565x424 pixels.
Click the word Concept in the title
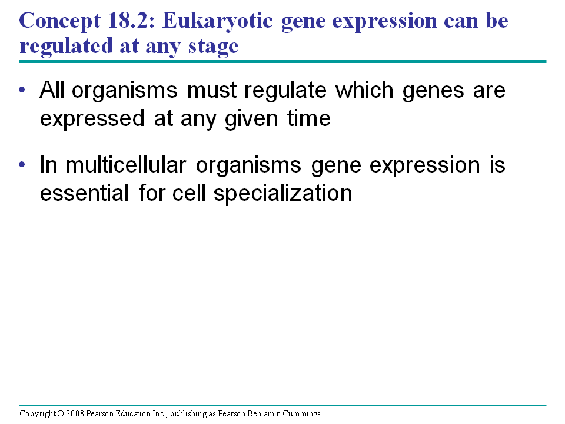click(60, 21)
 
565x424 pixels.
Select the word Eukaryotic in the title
click(218, 21)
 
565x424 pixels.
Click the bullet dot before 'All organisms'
click(22, 90)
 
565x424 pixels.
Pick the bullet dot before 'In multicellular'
click(22, 165)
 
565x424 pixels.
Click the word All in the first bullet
click(52, 90)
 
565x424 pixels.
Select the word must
click(212, 90)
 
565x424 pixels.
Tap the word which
click(364, 90)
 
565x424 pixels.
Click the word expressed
click(92, 119)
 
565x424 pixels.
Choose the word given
click(251, 120)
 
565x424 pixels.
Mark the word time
click(309, 118)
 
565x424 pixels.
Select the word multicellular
click(126, 165)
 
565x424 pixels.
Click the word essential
click(84, 193)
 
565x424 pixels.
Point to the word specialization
click(283, 194)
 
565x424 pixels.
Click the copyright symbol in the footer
click(61, 413)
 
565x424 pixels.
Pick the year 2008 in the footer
click(75, 413)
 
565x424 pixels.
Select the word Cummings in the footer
click(301, 413)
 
